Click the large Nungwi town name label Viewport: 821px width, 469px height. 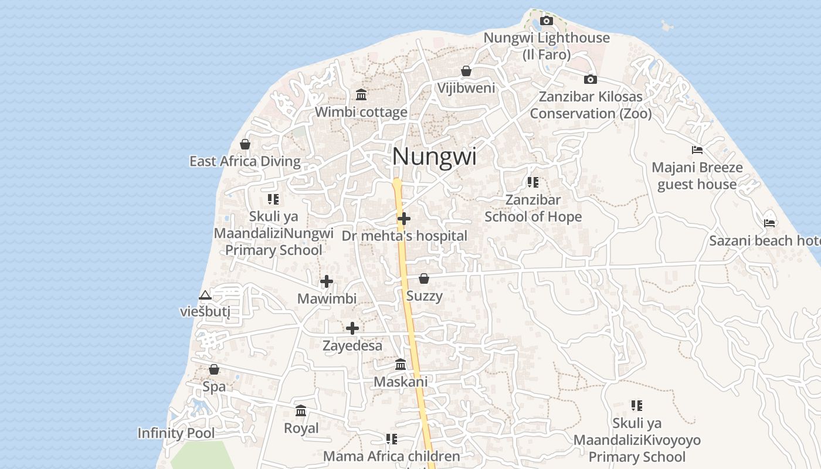(x=434, y=157)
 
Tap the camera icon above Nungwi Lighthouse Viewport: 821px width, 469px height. (x=547, y=21)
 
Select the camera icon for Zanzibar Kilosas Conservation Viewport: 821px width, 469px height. (x=591, y=79)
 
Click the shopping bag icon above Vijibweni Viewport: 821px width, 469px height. (x=466, y=71)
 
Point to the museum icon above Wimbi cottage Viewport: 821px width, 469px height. (x=361, y=94)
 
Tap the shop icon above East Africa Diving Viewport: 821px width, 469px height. (x=245, y=144)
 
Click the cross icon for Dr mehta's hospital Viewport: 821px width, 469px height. (x=404, y=219)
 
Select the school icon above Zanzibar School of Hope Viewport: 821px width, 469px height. (x=532, y=182)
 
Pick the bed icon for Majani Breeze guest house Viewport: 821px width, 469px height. (x=697, y=150)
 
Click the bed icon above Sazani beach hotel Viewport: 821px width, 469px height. (x=769, y=223)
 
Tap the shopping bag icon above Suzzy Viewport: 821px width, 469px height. (x=424, y=278)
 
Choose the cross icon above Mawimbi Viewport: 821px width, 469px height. (x=327, y=281)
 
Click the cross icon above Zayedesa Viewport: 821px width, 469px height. (x=352, y=328)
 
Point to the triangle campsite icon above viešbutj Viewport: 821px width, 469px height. (x=205, y=295)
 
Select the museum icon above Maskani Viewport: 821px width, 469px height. (x=401, y=365)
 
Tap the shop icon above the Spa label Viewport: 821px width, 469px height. (x=214, y=370)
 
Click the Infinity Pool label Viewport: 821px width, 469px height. (x=176, y=433)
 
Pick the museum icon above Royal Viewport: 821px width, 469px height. (x=301, y=411)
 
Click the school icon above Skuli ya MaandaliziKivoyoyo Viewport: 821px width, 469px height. (x=637, y=405)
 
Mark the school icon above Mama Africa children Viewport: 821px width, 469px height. (x=392, y=439)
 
